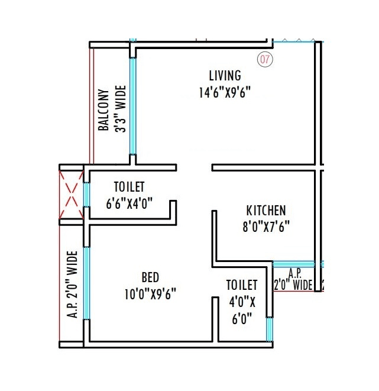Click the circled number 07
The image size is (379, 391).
pyautogui.click(x=264, y=60)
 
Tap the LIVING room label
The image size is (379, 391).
pyautogui.click(x=225, y=76)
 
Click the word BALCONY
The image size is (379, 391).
pyautogui.click(x=103, y=110)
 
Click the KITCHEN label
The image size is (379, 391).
pyautogui.click(x=266, y=211)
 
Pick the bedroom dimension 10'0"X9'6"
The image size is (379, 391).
pyautogui.click(x=150, y=293)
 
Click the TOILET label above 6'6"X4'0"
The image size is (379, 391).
pyautogui.click(x=129, y=188)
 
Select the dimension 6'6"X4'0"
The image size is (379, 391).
pyautogui.click(x=129, y=203)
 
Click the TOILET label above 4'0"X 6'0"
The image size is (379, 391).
pyautogui.click(x=242, y=285)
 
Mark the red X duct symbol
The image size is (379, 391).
pyautogui.click(x=71, y=195)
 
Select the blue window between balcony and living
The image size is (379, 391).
pyautogui.click(x=134, y=106)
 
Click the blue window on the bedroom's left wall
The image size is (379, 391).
pyautogui.click(x=86, y=284)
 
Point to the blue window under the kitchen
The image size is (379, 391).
pyautogui.click(x=294, y=264)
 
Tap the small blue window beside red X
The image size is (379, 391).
pyautogui.click(x=86, y=195)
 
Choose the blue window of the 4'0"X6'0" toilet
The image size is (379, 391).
pyautogui.click(x=270, y=329)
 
